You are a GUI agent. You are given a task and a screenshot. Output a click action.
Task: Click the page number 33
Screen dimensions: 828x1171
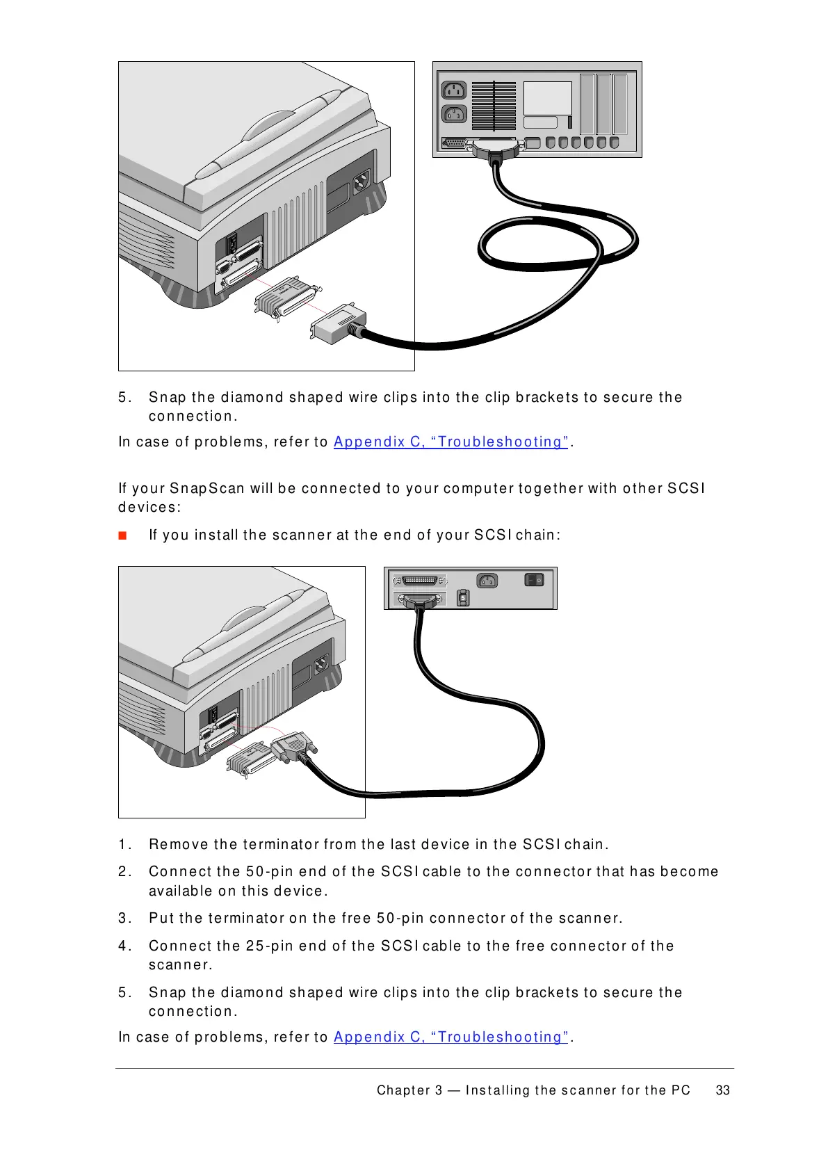click(722, 1090)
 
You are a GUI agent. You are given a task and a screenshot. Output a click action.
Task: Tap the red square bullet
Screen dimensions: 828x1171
click(122, 535)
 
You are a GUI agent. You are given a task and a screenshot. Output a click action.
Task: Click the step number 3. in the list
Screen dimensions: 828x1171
click(124, 918)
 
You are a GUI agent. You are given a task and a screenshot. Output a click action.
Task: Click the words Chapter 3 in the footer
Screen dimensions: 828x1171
click(409, 1090)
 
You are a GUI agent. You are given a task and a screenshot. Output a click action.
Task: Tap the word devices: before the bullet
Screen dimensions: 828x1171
click(149, 507)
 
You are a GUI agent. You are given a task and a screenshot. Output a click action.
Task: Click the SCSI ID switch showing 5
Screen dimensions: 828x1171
click(463, 598)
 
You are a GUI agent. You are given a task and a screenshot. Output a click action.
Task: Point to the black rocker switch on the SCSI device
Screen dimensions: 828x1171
click(533, 579)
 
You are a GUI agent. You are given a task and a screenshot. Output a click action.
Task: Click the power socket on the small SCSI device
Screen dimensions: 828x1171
click(487, 580)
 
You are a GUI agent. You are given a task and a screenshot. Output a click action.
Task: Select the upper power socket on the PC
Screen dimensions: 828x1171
click(454, 90)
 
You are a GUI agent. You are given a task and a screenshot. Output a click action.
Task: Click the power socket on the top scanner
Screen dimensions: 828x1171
click(362, 183)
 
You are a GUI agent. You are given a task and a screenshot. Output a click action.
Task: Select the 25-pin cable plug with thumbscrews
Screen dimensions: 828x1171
click(294, 747)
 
